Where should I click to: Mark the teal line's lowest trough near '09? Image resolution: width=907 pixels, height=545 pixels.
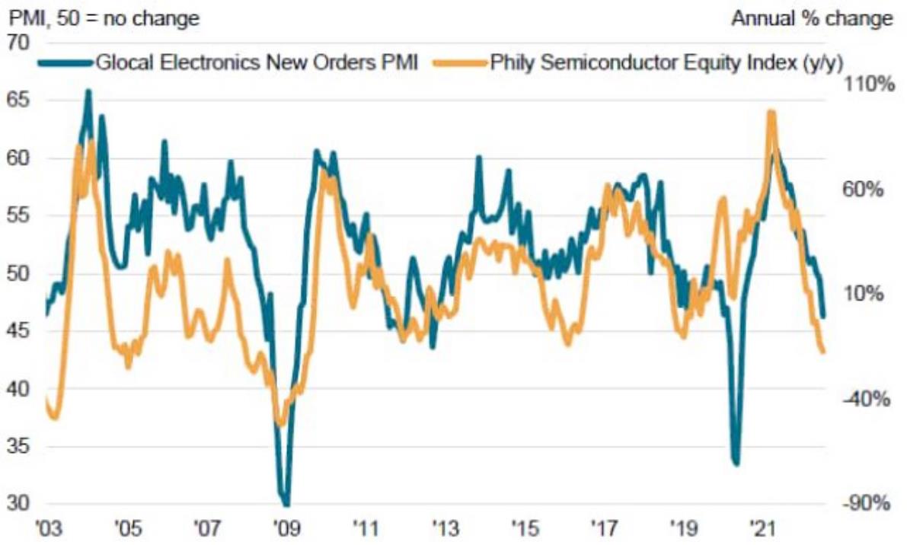(x=286, y=503)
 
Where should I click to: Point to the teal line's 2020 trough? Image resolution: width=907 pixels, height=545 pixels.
(x=736, y=462)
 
